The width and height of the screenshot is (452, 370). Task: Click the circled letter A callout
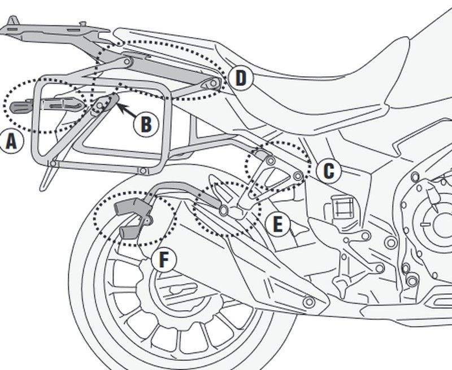click(12, 142)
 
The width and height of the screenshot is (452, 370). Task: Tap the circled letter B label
click(146, 124)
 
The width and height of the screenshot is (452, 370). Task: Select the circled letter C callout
click(329, 169)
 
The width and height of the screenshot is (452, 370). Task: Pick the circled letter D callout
click(241, 79)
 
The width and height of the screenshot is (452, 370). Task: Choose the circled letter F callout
click(164, 260)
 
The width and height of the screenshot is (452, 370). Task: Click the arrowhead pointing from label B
click(121, 106)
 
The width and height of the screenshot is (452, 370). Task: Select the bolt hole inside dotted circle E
click(224, 211)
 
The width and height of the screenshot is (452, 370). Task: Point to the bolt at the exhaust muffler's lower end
click(308, 303)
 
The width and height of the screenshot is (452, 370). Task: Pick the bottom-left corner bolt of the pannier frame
click(53, 164)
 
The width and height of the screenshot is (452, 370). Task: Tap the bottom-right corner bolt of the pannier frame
click(144, 171)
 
